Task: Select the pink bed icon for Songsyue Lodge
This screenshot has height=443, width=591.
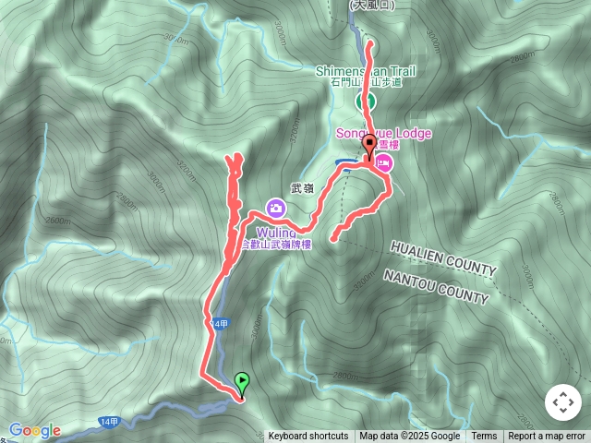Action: tap(384, 165)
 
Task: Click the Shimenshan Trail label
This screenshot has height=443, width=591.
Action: tap(366, 71)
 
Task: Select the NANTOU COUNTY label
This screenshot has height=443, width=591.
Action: tap(436, 286)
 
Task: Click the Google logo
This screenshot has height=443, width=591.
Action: tap(35, 430)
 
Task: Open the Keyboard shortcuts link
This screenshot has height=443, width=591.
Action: tap(308, 437)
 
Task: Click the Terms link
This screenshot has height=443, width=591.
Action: tap(484, 437)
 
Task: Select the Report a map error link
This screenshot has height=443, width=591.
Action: tap(547, 437)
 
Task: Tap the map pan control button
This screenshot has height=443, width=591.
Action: tap(562, 402)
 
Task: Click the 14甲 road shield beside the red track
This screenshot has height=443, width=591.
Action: tap(219, 324)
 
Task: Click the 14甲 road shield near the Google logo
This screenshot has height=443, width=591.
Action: tap(108, 422)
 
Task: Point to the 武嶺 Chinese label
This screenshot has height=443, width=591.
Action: tap(302, 188)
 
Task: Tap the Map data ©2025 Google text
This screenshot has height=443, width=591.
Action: tap(409, 437)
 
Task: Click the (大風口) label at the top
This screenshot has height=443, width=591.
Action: tap(371, 5)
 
